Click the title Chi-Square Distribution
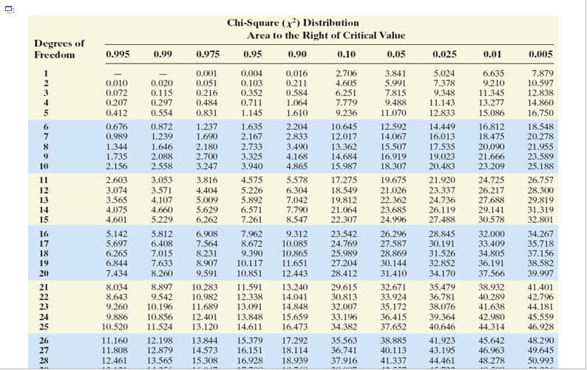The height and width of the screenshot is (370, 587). pos(293,23)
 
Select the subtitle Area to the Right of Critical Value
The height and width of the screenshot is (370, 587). pos(326,35)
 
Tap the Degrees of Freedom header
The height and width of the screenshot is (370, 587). pos(59,49)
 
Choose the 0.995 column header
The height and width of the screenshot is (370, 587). pos(118,55)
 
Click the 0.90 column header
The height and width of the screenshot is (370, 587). pos(297,55)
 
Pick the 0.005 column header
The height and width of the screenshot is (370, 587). pos(541,55)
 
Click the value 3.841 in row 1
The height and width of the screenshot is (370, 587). pos(396,73)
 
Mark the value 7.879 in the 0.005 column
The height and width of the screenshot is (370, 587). pos(542,73)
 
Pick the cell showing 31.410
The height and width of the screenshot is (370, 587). pos(393,273)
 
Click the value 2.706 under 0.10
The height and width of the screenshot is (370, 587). pos(346,73)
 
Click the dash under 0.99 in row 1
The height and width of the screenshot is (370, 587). pos(163,73)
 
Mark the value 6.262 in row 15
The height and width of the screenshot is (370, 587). pos(206,219)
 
